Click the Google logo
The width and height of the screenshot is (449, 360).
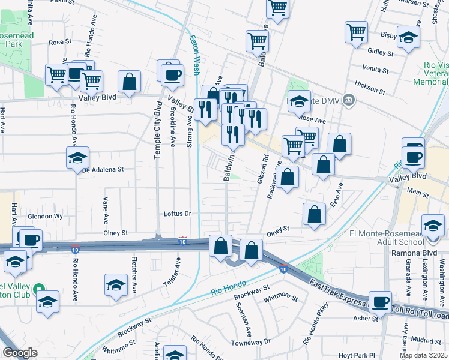click(x=20, y=353)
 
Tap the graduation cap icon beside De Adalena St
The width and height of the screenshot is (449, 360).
click(x=78, y=158)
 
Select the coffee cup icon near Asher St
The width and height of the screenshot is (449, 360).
click(x=379, y=302)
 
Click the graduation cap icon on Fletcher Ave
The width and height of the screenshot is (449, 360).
click(x=116, y=286)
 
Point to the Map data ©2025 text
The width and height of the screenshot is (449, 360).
click(x=424, y=355)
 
